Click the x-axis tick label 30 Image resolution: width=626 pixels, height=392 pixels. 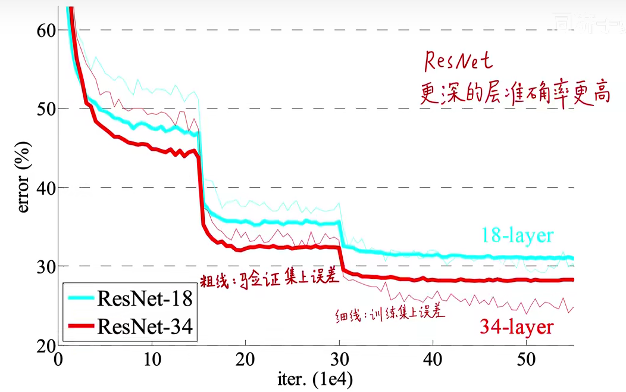(339, 360)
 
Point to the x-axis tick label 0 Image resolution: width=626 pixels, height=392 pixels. (58, 360)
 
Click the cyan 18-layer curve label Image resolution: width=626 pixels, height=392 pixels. (517, 236)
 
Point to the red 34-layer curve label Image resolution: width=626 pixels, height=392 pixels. (517, 326)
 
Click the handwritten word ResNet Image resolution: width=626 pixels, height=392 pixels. (459, 61)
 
